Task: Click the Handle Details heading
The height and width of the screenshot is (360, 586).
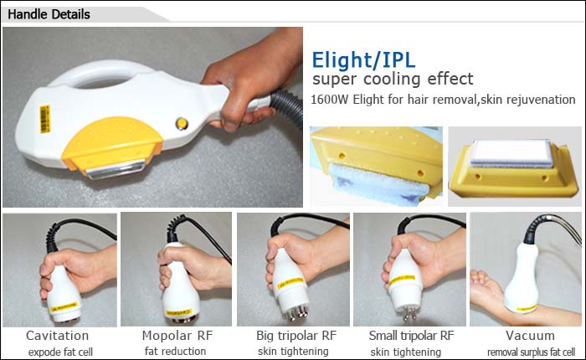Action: (x=49, y=14)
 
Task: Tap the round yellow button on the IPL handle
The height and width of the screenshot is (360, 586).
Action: (x=182, y=123)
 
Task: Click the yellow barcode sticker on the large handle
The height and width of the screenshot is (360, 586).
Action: (x=45, y=119)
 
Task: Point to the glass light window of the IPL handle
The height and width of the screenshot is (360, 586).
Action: (x=116, y=168)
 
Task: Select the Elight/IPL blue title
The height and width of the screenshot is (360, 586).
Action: (x=363, y=59)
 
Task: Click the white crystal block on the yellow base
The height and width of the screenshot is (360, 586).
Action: (x=511, y=152)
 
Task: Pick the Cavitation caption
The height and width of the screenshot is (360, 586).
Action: (x=58, y=336)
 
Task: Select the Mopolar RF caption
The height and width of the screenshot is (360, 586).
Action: (x=177, y=336)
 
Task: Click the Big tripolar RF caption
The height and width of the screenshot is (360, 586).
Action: (x=296, y=336)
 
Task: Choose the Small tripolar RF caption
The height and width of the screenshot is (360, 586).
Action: (x=412, y=336)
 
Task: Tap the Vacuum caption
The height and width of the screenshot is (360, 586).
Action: (x=530, y=336)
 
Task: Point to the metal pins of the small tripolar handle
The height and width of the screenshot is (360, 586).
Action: (x=409, y=312)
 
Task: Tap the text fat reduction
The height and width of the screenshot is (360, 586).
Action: (x=175, y=352)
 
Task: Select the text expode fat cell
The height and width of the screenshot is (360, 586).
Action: (x=60, y=352)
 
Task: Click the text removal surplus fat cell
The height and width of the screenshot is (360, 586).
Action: (x=531, y=352)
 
